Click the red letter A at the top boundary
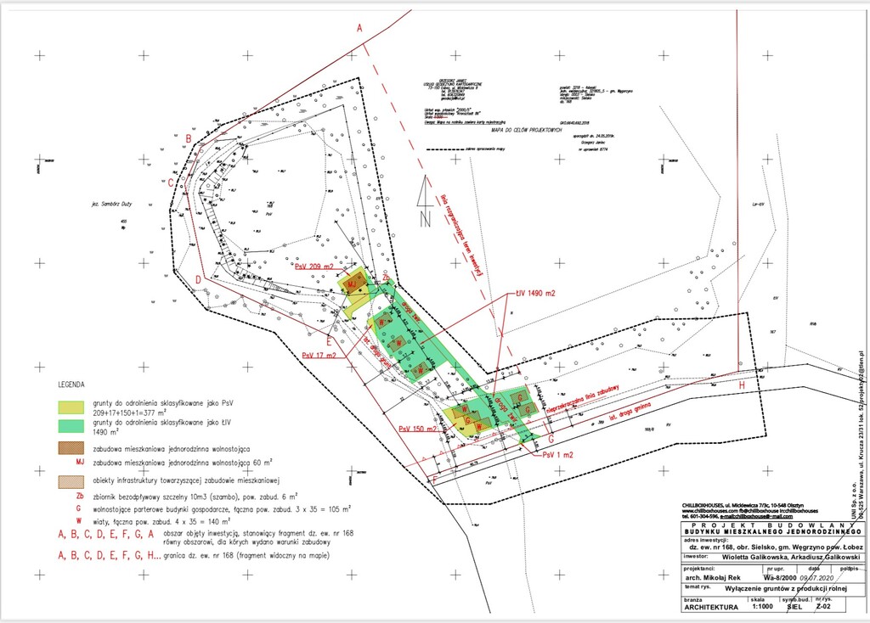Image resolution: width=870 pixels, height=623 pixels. click(359, 29)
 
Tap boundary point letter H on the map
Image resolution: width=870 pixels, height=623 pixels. click(742, 385)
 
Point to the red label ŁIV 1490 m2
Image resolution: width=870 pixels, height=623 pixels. click(535, 294)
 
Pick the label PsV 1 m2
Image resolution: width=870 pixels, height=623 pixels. click(558, 455)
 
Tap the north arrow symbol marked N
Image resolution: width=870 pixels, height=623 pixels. click(424, 204)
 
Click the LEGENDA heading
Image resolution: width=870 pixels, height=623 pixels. click(71, 383)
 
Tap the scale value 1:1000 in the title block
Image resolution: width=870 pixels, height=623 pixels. click(761, 607)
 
